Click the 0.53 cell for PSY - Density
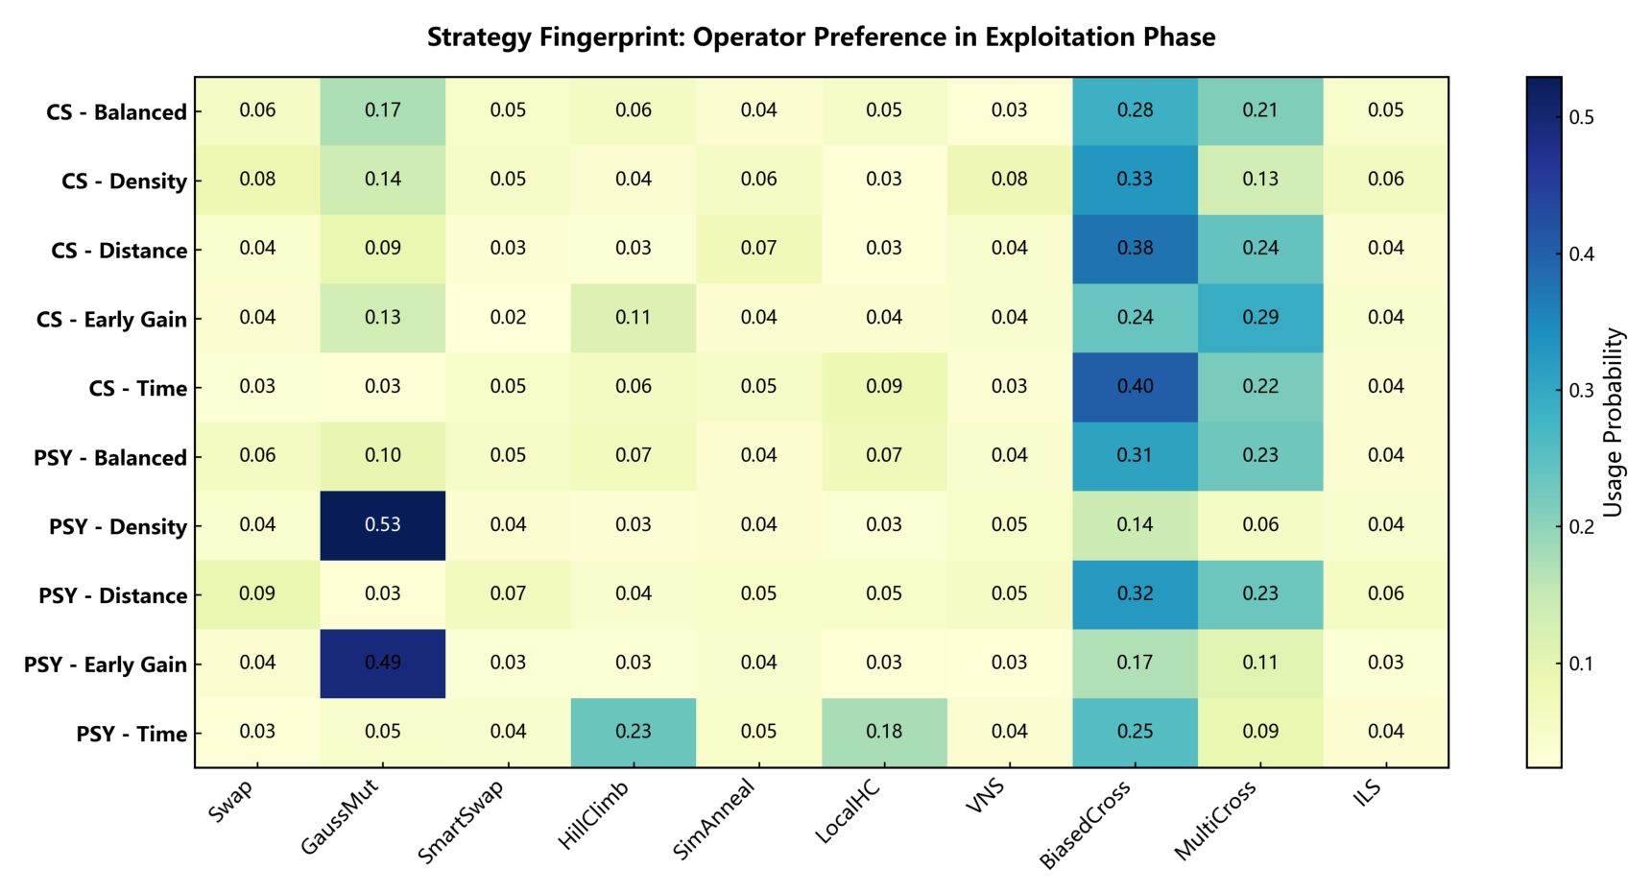click(383, 525)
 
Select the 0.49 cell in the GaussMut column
click(383, 664)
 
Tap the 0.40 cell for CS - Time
click(1135, 387)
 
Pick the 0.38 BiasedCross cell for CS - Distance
click(1135, 249)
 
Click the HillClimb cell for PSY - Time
click(634, 733)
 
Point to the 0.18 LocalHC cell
click(884, 733)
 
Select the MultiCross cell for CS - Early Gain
click(1260, 318)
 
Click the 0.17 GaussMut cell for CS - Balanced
click(383, 110)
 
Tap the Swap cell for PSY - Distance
click(257, 594)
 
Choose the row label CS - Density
click(124, 181)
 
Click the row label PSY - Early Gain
click(106, 664)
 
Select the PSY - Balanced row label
click(110, 458)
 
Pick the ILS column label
click(1367, 792)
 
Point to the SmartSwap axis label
click(461, 821)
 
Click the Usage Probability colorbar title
click(1614, 423)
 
